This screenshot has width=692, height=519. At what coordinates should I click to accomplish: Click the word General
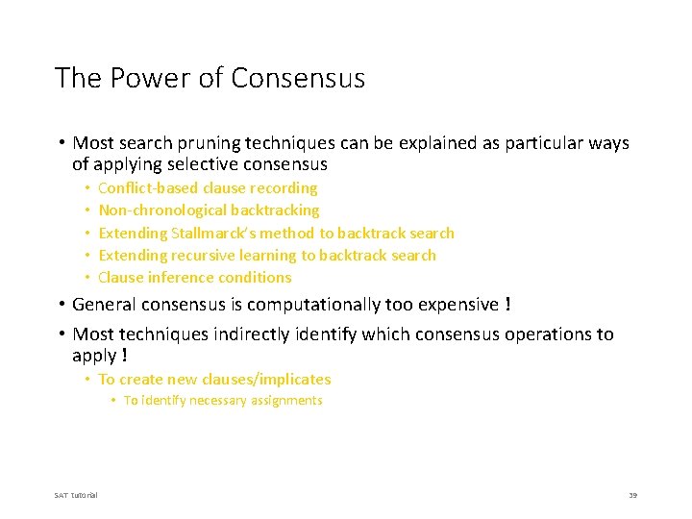[104, 305]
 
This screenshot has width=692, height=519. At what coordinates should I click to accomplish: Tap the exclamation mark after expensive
[507, 305]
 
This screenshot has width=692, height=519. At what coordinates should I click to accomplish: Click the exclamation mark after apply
[124, 355]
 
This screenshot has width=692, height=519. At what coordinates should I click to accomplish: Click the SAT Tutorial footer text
[76, 495]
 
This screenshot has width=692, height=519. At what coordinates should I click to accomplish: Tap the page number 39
[632, 495]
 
